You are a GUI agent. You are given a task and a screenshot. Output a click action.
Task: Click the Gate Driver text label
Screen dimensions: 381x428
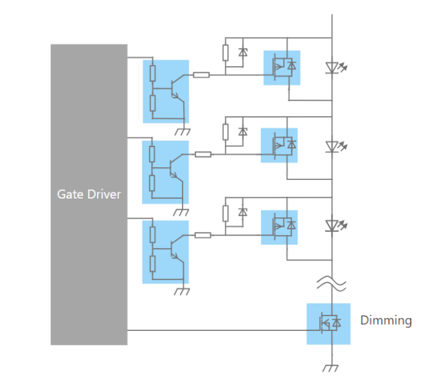click(x=89, y=194)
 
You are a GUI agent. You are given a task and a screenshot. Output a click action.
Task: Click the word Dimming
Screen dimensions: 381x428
click(x=386, y=320)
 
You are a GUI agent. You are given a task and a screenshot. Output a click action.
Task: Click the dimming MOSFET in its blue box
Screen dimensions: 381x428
click(x=328, y=323)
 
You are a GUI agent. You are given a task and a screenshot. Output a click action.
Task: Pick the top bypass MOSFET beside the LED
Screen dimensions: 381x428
click(x=283, y=67)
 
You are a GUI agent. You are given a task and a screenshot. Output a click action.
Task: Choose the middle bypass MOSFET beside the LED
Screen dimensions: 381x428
click(x=280, y=146)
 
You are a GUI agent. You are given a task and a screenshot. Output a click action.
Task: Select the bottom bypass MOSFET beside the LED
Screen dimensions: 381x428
click(x=280, y=227)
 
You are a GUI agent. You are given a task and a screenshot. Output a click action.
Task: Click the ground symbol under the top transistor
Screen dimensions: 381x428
click(x=183, y=131)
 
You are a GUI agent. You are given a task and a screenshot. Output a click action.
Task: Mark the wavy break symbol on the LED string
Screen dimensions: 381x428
click(x=332, y=283)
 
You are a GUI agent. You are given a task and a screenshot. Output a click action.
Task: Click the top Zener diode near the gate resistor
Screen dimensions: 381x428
click(x=243, y=53)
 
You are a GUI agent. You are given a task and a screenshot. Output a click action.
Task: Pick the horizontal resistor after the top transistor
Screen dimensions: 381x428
click(x=202, y=75)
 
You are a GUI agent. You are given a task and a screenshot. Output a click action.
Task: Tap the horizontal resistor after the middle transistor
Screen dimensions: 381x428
click(x=203, y=154)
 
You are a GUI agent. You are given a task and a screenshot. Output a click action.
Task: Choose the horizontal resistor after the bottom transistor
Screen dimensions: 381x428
click(x=203, y=235)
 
